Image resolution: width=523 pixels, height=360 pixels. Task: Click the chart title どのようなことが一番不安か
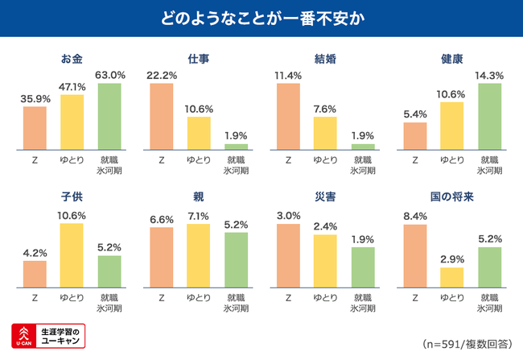click(261, 18)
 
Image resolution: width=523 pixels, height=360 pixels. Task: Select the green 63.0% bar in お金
click(109, 117)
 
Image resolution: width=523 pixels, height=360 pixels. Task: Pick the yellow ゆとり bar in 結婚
click(325, 133)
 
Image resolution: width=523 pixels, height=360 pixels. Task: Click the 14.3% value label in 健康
click(489, 76)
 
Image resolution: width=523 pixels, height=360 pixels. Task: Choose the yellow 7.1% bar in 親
click(198, 254)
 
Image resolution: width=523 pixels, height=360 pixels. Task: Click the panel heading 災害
click(324, 197)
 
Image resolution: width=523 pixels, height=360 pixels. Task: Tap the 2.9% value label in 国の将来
click(451, 259)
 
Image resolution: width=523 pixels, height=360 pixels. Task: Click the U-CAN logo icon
click(23, 336)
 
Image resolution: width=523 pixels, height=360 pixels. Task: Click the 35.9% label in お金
click(35, 98)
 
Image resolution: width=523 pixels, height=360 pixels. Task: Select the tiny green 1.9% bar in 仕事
click(236, 147)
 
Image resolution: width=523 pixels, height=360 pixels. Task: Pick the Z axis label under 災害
click(288, 297)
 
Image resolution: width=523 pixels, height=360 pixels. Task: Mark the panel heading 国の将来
click(451, 197)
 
